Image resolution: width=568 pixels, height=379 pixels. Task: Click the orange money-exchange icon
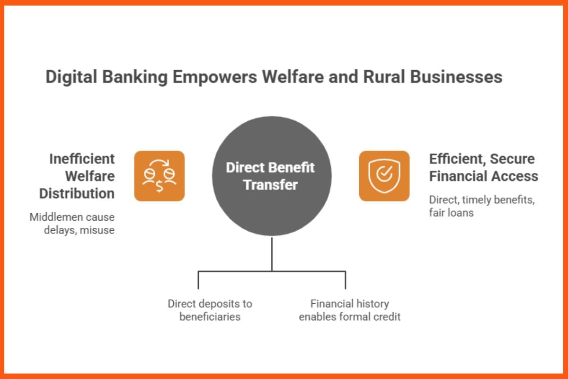click(x=160, y=176)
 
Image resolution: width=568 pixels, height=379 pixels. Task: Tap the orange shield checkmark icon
click(x=384, y=176)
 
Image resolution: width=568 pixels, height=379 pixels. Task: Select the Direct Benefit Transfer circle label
click(x=271, y=176)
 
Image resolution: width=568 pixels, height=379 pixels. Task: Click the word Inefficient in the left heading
click(x=81, y=158)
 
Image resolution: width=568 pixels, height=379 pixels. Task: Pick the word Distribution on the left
click(x=77, y=193)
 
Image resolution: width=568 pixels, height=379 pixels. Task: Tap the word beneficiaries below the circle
click(x=210, y=316)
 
